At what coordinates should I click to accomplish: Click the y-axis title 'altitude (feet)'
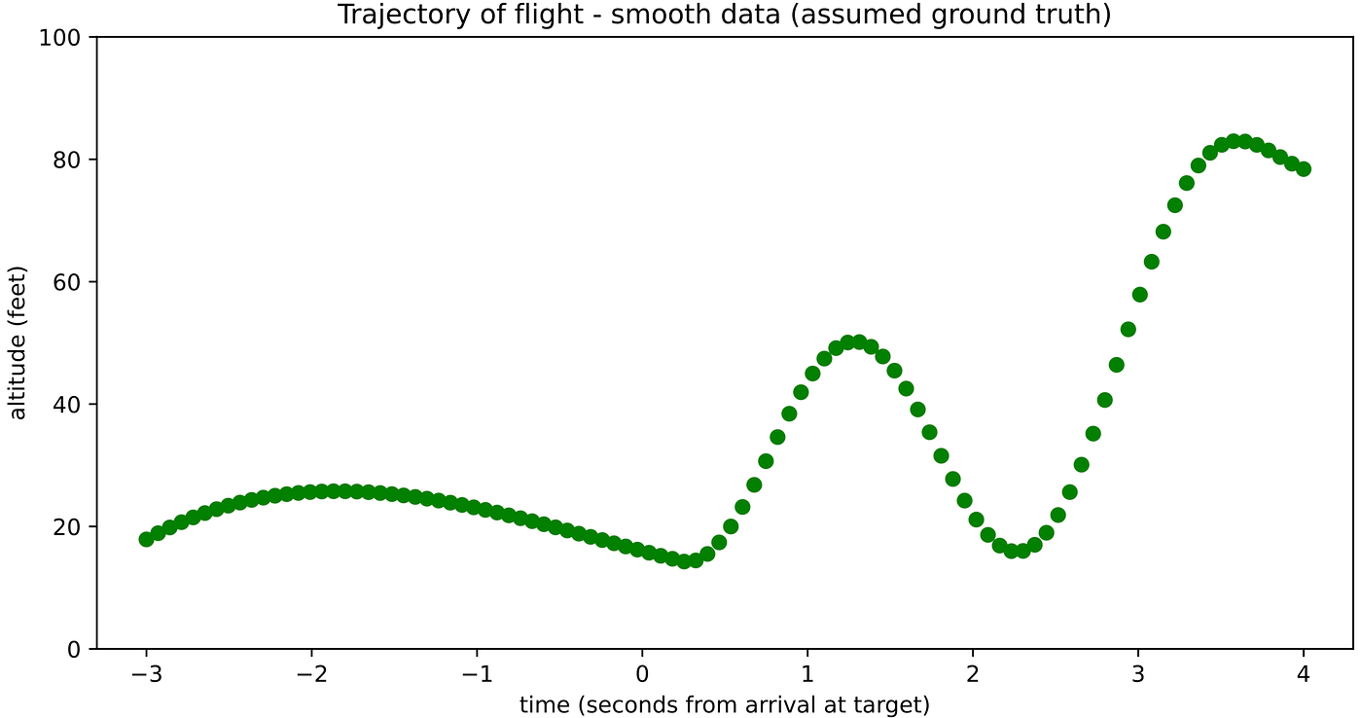tap(18, 342)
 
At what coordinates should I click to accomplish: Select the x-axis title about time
tap(725, 704)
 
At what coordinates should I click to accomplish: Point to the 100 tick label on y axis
tap(65, 37)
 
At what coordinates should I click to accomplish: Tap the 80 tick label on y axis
tap(70, 160)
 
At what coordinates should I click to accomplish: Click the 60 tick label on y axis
tap(70, 282)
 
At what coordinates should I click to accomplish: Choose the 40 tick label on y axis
tap(70, 404)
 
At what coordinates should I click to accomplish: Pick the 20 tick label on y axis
tap(70, 526)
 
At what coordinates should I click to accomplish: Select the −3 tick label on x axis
tap(146, 673)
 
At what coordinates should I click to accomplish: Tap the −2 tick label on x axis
tap(311, 673)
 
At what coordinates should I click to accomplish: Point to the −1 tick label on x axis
tap(477, 673)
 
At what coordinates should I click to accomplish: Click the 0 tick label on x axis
tap(642, 673)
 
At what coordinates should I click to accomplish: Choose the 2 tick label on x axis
tap(973, 673)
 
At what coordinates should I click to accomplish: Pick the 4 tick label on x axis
tap(1304, 673)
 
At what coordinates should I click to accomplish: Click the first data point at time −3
tap(147, 539)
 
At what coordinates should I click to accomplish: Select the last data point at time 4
tap(1304, 168)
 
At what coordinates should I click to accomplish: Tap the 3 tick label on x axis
tap(1138, 673)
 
